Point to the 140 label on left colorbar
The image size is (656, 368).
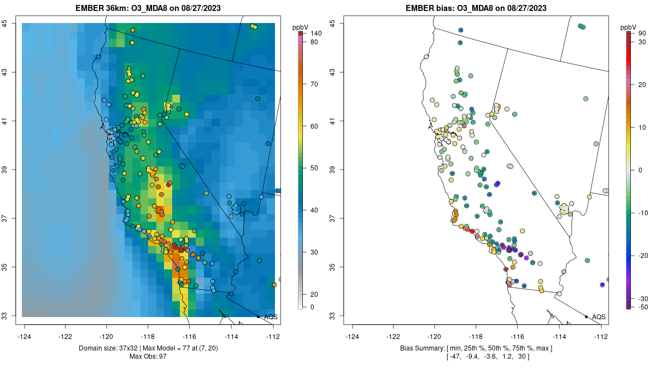(x=315, y=33)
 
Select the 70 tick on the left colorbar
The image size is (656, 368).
(x=314, y=84)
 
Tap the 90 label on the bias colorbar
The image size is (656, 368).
(x=641, y=33)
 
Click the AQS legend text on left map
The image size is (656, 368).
(x=271, y=317)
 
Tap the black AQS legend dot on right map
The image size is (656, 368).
(x=586, y=317)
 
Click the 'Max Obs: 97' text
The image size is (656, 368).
(x=148, y=357)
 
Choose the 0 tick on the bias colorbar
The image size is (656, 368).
(x=640, y=170)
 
